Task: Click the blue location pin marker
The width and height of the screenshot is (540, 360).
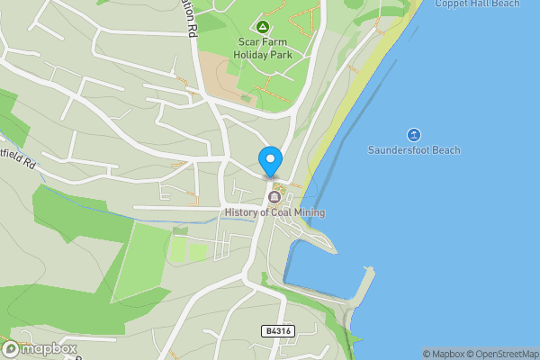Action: coord(269,161)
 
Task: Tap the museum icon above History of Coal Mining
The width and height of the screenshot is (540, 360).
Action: coord(274,197)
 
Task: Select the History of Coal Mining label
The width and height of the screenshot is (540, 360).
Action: coord(274,212)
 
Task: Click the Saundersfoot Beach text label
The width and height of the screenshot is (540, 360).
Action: coord(414,149)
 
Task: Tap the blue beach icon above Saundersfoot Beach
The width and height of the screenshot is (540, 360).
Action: coord(414,134)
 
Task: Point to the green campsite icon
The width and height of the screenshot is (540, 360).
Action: coord(263,27)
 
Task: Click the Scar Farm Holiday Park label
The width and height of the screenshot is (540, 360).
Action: coord(263,48)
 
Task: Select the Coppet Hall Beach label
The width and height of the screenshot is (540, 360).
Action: coord(477,4)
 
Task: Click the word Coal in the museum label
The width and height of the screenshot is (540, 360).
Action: coord(277,212)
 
